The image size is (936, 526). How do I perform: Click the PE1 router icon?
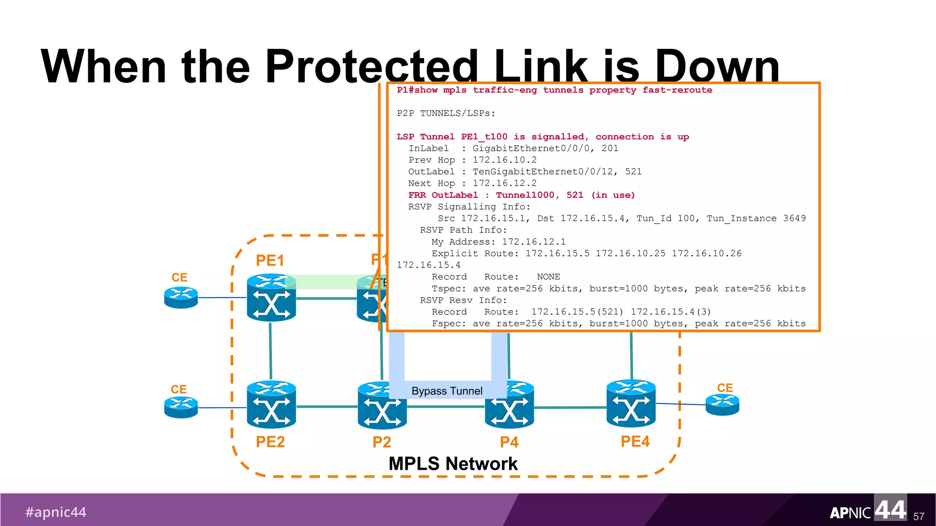pyautogui.click(x=271, y=298)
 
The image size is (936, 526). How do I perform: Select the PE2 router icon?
pyautogui.click(x=271, y=405)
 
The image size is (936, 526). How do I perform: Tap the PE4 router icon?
pyautogui.click(x=631, y=404)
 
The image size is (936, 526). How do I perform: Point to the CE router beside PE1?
pyautogui.click(x=181, y=297)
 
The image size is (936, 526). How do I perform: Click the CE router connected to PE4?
pyautogui.click(x=722, y=405)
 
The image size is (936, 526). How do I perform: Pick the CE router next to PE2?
pyautogui.click(x=181, y=407)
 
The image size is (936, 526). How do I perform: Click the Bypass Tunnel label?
pyautogui.click(x=447, y=391)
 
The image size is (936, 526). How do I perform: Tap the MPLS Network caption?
pyautogui.click(x=453, y=463)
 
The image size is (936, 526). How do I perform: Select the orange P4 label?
pyautogui.click(x=509, y=442)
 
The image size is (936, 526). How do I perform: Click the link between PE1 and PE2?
pyautogui.click(x=271, y=351)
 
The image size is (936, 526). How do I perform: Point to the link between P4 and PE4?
pyautogui.click(x=570, y=407)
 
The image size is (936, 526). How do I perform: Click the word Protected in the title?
pyautogui.click(x=371, y=67)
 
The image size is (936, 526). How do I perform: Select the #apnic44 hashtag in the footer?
pyautogui.click(x=56, y=512)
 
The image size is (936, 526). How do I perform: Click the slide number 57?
pyautogui.click(x=919, y=516)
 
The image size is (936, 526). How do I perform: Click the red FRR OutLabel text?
pyautogui.click(x=443, y=195)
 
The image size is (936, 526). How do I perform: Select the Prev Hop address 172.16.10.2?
pyautogui.click(x=505, y=160)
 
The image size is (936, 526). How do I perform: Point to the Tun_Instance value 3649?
pyautogui.click(x=794, y=218)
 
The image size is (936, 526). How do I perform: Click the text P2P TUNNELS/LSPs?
pyautogui.click(x=446, y=113)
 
